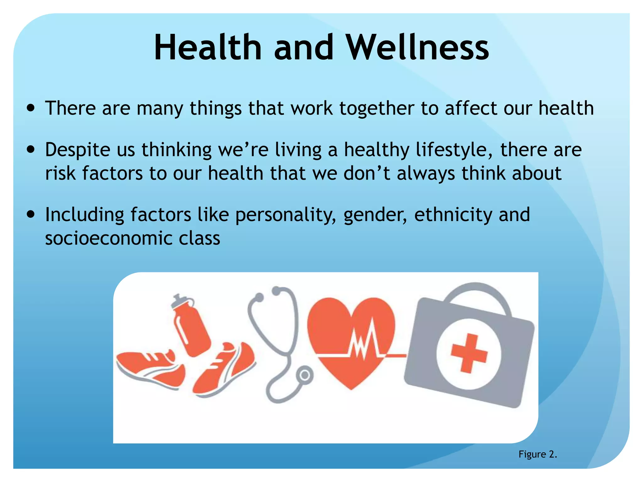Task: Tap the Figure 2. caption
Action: (538, 454)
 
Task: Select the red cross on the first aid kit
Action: (469, 353)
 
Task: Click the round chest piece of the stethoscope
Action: (304, 375)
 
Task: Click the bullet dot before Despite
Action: (31, 150)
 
